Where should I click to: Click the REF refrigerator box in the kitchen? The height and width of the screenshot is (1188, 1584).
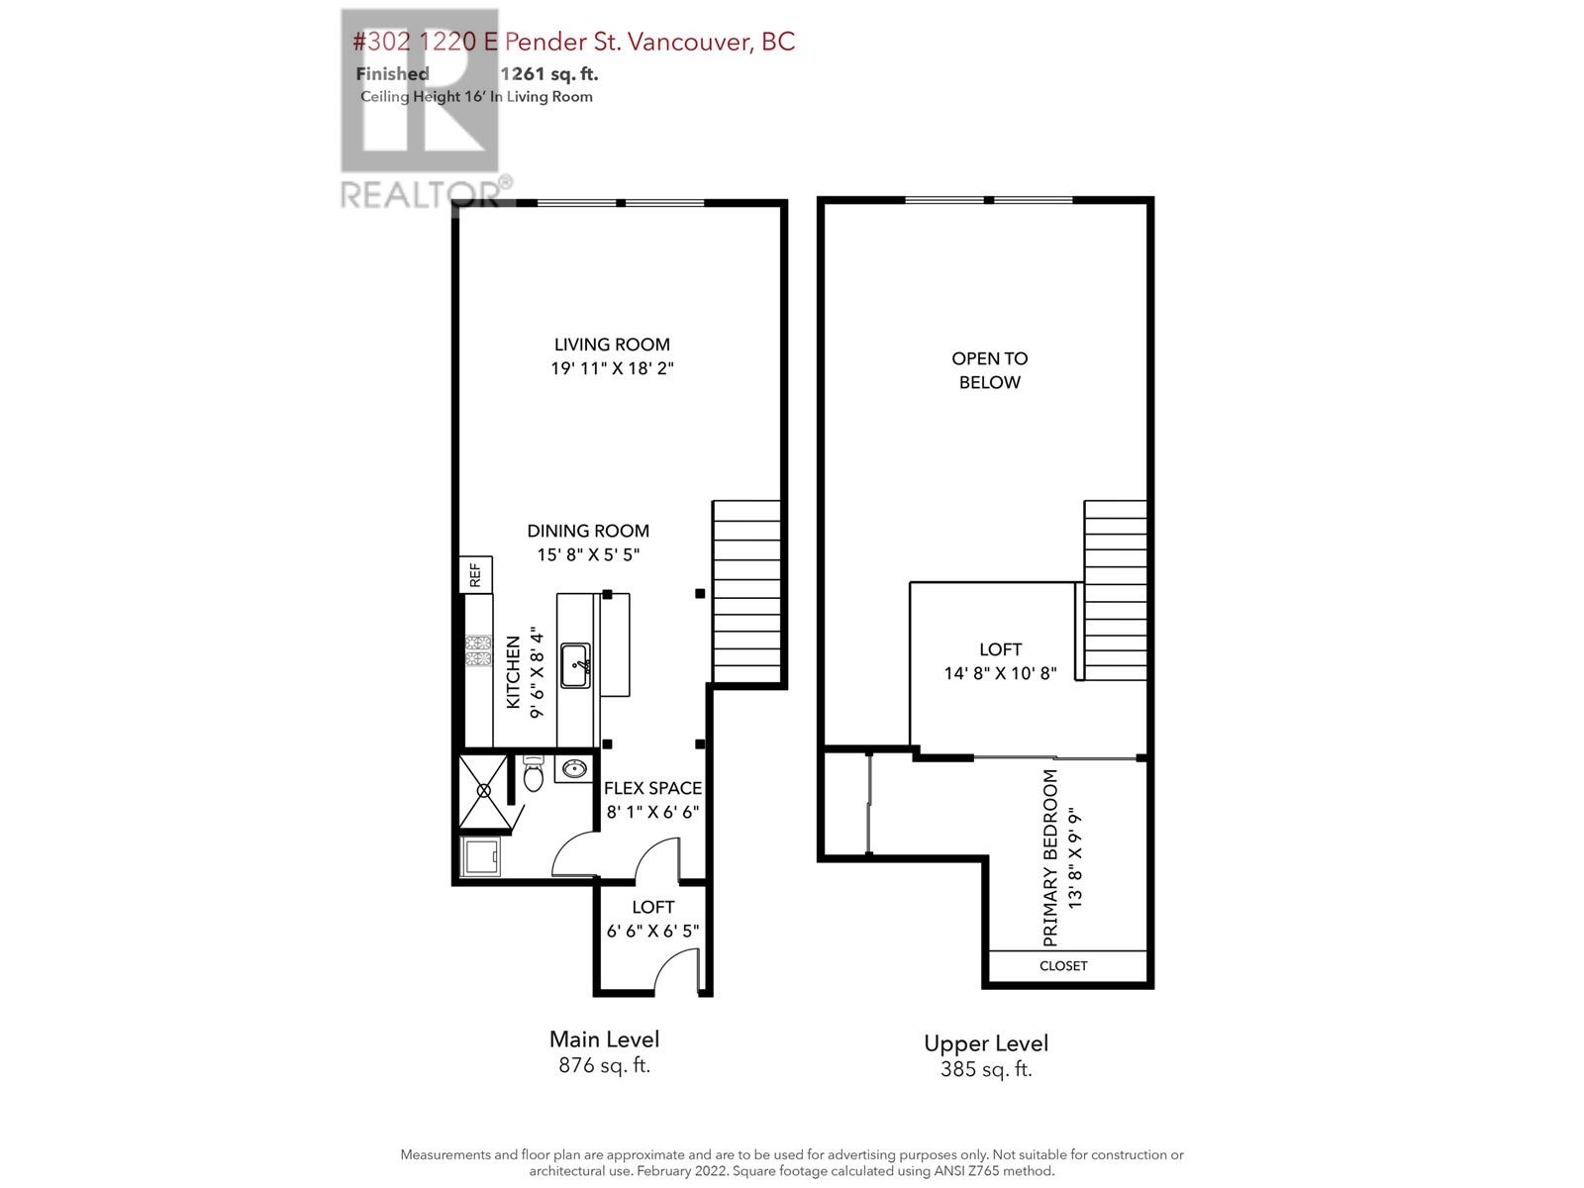[x=475, y=575]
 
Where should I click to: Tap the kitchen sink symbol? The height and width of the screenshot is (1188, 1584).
[x=575, y=665]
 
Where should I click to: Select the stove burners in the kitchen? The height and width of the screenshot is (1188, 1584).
[x=478, y=649]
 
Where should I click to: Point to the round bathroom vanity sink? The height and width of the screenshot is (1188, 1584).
[x=574, y=769]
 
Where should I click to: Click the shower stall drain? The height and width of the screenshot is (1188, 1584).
[x=483, y=791]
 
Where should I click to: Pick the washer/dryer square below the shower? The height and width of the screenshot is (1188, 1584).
[x=480, y=857]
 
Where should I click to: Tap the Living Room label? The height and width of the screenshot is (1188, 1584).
[x=612, y=345]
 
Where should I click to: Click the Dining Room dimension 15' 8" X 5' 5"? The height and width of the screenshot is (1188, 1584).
[x=588, y=554]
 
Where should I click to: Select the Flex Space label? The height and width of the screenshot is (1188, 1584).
[x=652, y=788]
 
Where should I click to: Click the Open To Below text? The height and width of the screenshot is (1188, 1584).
[x=989, y=370]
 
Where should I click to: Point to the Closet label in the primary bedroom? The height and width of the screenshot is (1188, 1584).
[x=1063, y=966]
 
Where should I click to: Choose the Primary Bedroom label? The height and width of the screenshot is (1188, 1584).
[x=1050, y=857]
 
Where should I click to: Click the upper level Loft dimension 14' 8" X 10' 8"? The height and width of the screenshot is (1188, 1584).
[x=1000, y=673]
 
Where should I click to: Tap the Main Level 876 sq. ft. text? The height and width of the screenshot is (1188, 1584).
[x=605, y=1052]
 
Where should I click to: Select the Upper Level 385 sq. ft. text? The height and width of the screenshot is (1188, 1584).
[x=986, y=1056]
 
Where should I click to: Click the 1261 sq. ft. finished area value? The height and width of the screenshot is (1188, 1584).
[x=549, y=73]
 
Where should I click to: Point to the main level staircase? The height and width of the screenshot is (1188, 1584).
[x=746, y=591]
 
